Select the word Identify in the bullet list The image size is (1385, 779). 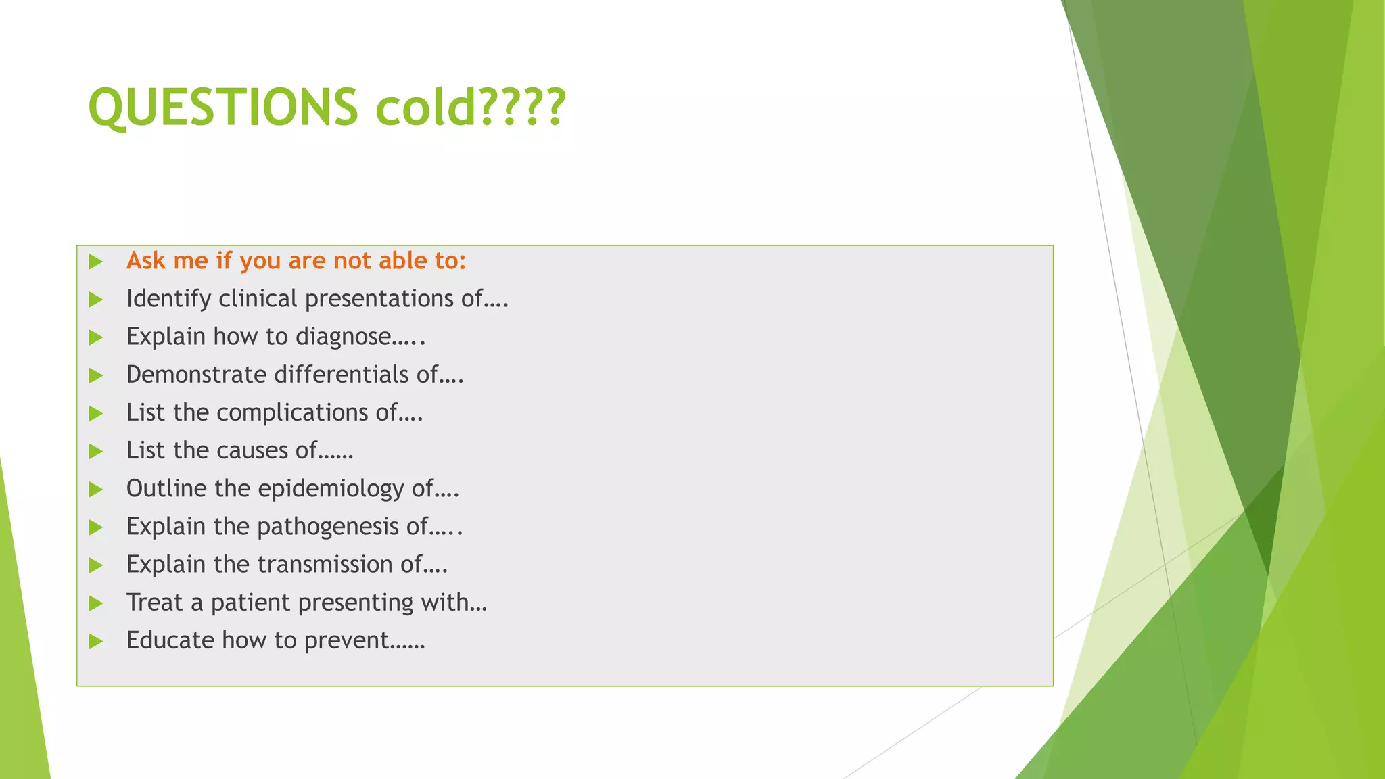click(168, 299)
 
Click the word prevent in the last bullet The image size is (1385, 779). click(346, 640)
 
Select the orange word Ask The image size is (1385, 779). click(145, 261)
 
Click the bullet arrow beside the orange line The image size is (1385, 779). click(95, 262)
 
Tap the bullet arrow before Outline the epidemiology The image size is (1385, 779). click(95, 489)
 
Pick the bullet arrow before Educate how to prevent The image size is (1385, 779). click(95, 641)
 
